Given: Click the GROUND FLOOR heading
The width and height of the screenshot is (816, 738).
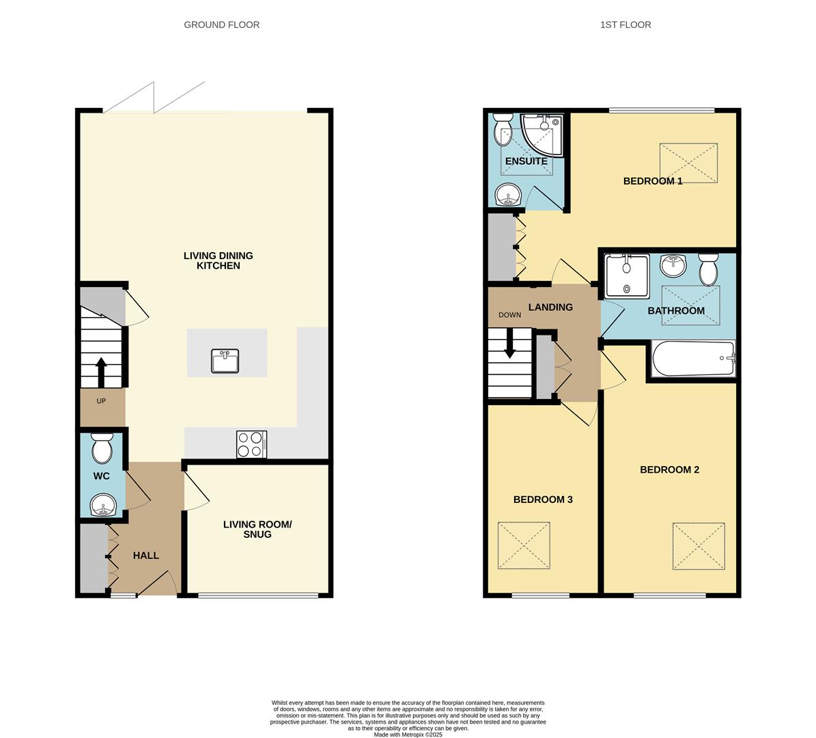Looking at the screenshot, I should click(x=221, y=25).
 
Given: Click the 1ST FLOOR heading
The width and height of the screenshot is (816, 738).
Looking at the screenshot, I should click(x=625, y=25).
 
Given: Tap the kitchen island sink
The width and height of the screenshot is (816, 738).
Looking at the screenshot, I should click(x=225, y=361).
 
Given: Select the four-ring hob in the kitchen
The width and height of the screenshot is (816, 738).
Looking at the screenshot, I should click(x=251, y=444).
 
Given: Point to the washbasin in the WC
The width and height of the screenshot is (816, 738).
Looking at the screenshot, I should click(x=103, y=506).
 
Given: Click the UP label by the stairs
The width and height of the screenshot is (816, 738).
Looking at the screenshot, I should click(x=101, y=401).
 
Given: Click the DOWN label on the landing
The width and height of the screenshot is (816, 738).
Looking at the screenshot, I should click(x=509, y=315).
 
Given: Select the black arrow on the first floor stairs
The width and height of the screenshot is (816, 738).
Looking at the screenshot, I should click(x=509, y=343).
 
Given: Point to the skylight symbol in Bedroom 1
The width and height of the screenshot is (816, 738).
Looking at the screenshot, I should click(x=688, y=163).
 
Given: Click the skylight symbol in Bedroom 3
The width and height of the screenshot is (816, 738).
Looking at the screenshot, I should click(x=524, y=545).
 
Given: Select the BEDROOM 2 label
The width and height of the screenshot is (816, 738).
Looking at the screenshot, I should click(x=669, y=469).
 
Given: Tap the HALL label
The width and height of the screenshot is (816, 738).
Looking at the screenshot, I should click(x=145, y=556).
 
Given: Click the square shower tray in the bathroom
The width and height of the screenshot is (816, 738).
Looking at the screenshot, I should click(x=626, y=276).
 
